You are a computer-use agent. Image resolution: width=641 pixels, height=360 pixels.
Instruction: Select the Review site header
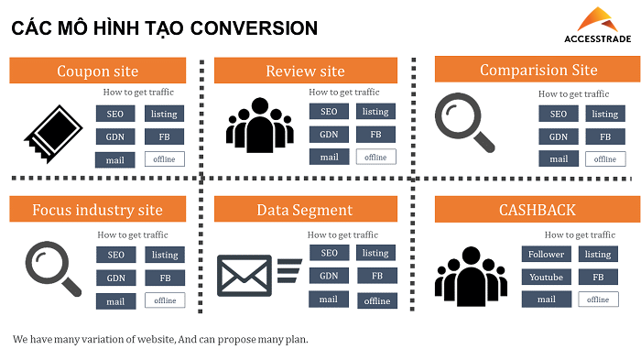click(x=305, y=71)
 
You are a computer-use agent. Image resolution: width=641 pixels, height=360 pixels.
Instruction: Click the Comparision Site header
click(x=538, y=70)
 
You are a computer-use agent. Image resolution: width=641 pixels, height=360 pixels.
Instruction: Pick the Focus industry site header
click(x=97, y=210)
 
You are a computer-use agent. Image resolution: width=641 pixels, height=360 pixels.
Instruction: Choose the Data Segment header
click(x=305, y=210)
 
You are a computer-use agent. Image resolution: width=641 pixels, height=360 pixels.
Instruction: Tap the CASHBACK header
click(x=538, y=210)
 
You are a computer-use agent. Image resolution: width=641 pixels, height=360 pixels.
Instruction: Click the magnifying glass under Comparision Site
click(x=463, y=122)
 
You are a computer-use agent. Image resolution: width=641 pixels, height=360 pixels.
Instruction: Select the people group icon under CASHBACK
click(x=470, y=275)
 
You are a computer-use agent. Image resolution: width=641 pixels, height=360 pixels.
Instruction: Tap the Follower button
click(x=547, y=254)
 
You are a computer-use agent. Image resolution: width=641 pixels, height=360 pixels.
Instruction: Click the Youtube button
click(x=547, y=277)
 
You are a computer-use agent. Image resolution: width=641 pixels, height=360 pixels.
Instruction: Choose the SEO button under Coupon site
click(x=115, y=114)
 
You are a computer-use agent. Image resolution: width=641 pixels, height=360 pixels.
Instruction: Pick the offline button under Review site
click(x=375, y=158)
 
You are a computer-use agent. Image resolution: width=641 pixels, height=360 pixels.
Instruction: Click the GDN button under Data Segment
click(x=329, y=276)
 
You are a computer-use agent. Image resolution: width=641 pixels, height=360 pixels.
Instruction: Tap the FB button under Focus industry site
click(x=165, y=278)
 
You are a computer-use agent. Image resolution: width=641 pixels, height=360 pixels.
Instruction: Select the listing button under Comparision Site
click(x=604, y=115)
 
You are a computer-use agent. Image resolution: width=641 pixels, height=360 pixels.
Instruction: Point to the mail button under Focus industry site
click(x=115, y=300)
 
